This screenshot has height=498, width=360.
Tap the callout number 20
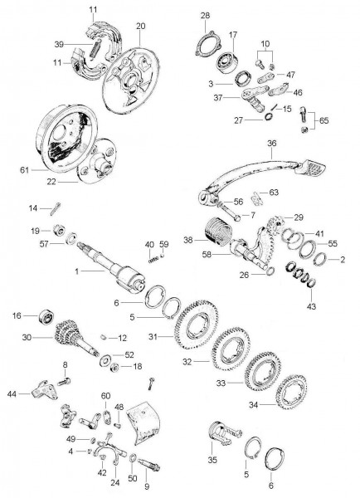pyautogui.click(x=140, y=26)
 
